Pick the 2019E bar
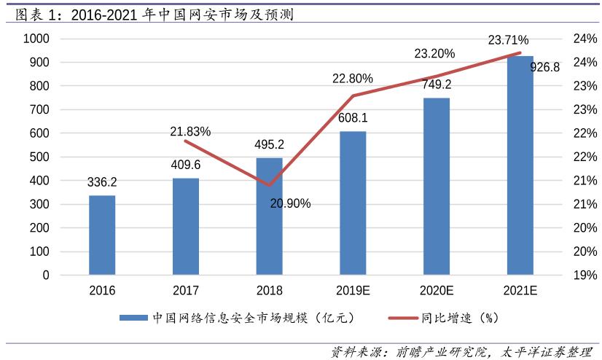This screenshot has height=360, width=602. coord(353,203)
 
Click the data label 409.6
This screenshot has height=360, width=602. coord(186,164)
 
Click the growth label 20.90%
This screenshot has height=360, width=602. coord(290,203)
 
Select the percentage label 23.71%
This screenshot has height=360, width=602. coord(508,39)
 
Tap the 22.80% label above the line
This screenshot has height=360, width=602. coord(353,79)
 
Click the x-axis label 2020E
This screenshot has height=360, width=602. coord(437,291)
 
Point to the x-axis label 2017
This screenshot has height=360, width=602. coord(186,291)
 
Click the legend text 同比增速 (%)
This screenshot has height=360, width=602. coord(459,318)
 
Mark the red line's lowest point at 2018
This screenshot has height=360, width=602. coord(269,185)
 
